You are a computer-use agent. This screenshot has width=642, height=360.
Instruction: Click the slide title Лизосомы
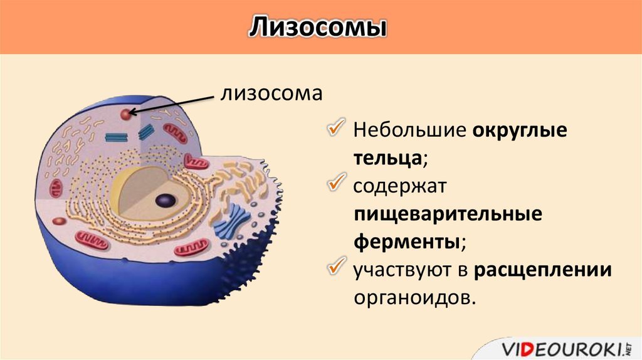pyautogui.click(x=318, y=28)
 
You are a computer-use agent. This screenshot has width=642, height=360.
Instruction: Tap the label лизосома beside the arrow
pyautogui.click(x=271, y=93)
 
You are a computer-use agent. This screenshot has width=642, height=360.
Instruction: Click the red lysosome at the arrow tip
pyautogui.click(x=125, y=114)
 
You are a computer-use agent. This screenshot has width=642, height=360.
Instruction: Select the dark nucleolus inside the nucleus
pyautogui.click(x=166, y=201)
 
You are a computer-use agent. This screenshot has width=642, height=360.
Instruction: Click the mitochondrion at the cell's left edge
pyautogui.click(x=56, y=188)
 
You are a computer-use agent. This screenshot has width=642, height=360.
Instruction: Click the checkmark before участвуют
pyautogui.click(x=337, y=266)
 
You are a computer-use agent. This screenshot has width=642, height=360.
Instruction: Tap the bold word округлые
pyautogui.click(x=520, y=131)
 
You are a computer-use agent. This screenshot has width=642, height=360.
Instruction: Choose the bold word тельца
pyautogui.click(x=387, y=158)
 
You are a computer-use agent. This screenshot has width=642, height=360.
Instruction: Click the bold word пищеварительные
pyautogui.click(x=448, y=214)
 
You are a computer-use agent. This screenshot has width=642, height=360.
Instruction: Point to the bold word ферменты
pyautogui.click(x=406, y=242)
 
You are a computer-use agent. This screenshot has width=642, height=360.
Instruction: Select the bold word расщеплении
pyautogui.click(x=543, y=270)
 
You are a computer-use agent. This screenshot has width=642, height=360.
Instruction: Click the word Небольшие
pyautogui.click(x=410, y=130)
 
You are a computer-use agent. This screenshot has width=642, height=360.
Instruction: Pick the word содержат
pyautogui.click(x=399, y=186)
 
